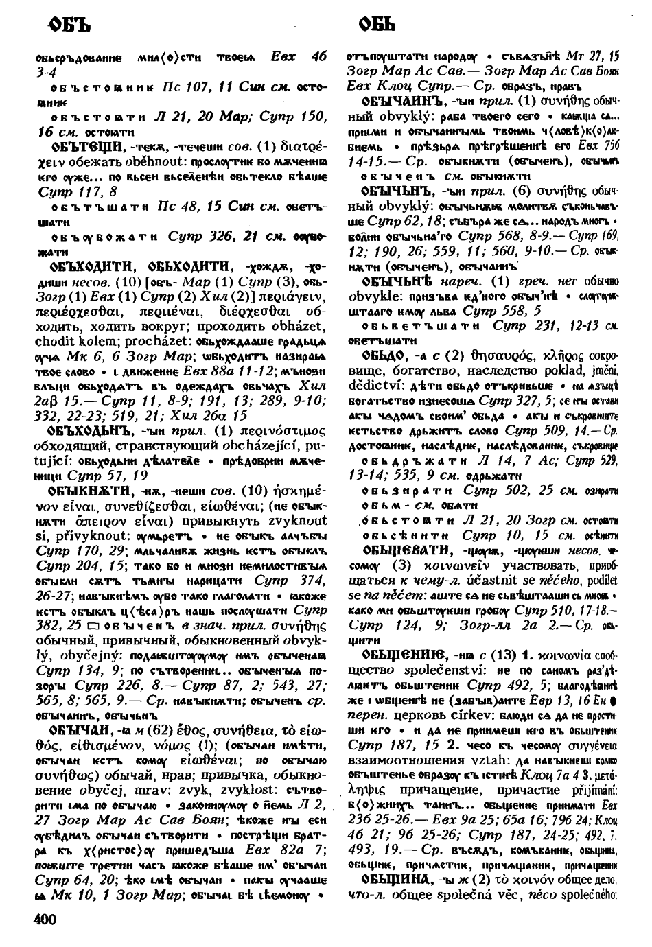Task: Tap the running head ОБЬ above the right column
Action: [x=375, y=26]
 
